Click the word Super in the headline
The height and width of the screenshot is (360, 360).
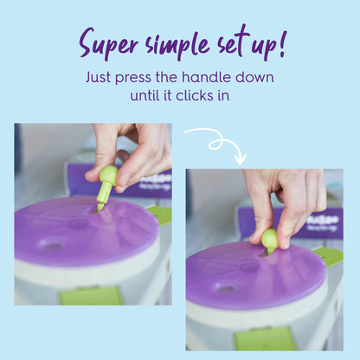[x=108, y=43]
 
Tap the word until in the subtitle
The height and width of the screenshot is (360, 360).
[x=147, y=95]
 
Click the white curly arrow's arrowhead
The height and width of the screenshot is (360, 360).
[x=241, y=158]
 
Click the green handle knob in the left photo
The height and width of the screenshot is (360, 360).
[x=107, y=177]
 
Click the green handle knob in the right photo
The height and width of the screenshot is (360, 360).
[x=269, y=238]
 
